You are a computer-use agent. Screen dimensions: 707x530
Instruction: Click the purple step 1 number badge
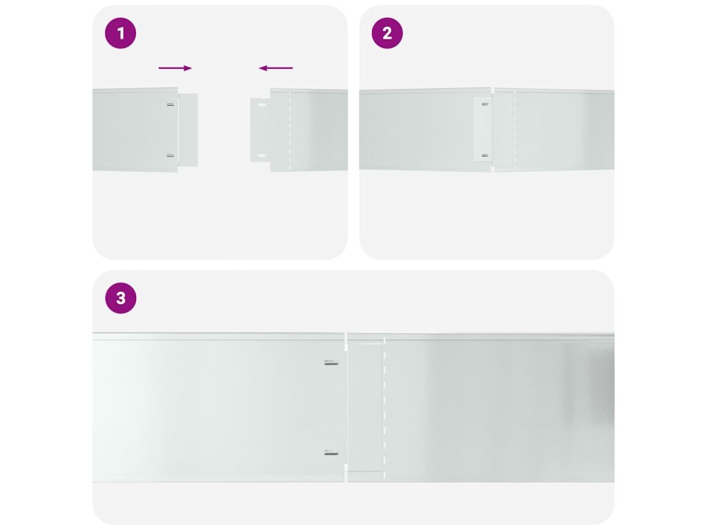120,33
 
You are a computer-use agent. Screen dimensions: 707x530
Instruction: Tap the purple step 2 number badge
387,33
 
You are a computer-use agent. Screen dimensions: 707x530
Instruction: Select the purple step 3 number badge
120,298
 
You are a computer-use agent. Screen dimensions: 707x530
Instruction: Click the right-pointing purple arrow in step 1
175,68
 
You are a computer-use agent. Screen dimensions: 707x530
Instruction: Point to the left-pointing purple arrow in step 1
275,68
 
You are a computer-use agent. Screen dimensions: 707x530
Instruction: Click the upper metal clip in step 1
171,105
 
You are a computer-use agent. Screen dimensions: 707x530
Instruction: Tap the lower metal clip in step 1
171,155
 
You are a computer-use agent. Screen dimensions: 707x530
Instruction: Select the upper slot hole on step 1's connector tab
262,105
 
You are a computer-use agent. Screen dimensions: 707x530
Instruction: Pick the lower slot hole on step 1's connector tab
262,156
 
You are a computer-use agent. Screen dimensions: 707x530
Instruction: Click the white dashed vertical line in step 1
289,130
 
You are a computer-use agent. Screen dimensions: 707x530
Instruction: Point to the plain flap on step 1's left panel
188,130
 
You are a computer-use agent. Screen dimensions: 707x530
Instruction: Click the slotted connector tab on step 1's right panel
260,130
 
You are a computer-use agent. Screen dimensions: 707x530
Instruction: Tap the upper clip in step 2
485,105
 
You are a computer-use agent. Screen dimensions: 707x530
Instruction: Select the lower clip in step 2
485,155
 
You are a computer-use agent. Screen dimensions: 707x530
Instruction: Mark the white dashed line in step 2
514,130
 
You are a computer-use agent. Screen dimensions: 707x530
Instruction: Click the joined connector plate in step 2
483,130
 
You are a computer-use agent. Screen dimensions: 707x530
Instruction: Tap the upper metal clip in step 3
331,363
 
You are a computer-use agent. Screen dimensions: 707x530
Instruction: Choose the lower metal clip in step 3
331,453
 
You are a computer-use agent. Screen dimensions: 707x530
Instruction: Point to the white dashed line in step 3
384,409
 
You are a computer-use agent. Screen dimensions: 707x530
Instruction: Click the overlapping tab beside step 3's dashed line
365,409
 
